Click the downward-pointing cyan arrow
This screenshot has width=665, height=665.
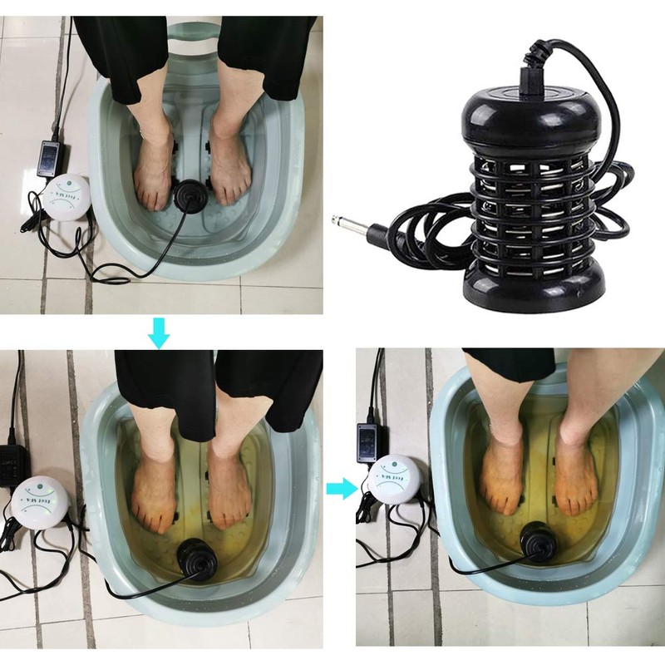pyautogui.click(x=159, y=333)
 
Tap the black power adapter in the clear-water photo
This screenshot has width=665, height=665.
pyautogui.click(x=51, y=157)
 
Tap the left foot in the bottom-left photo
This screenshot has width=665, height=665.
pyautogui.click(x=155, y=490)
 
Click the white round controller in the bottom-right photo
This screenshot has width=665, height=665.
pyautogui.click(x=393, y=480)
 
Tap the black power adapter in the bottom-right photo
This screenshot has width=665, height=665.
pyautogui.click(x=368, y=440)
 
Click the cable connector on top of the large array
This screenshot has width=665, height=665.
pyautogui.click(x=532, y=76)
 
